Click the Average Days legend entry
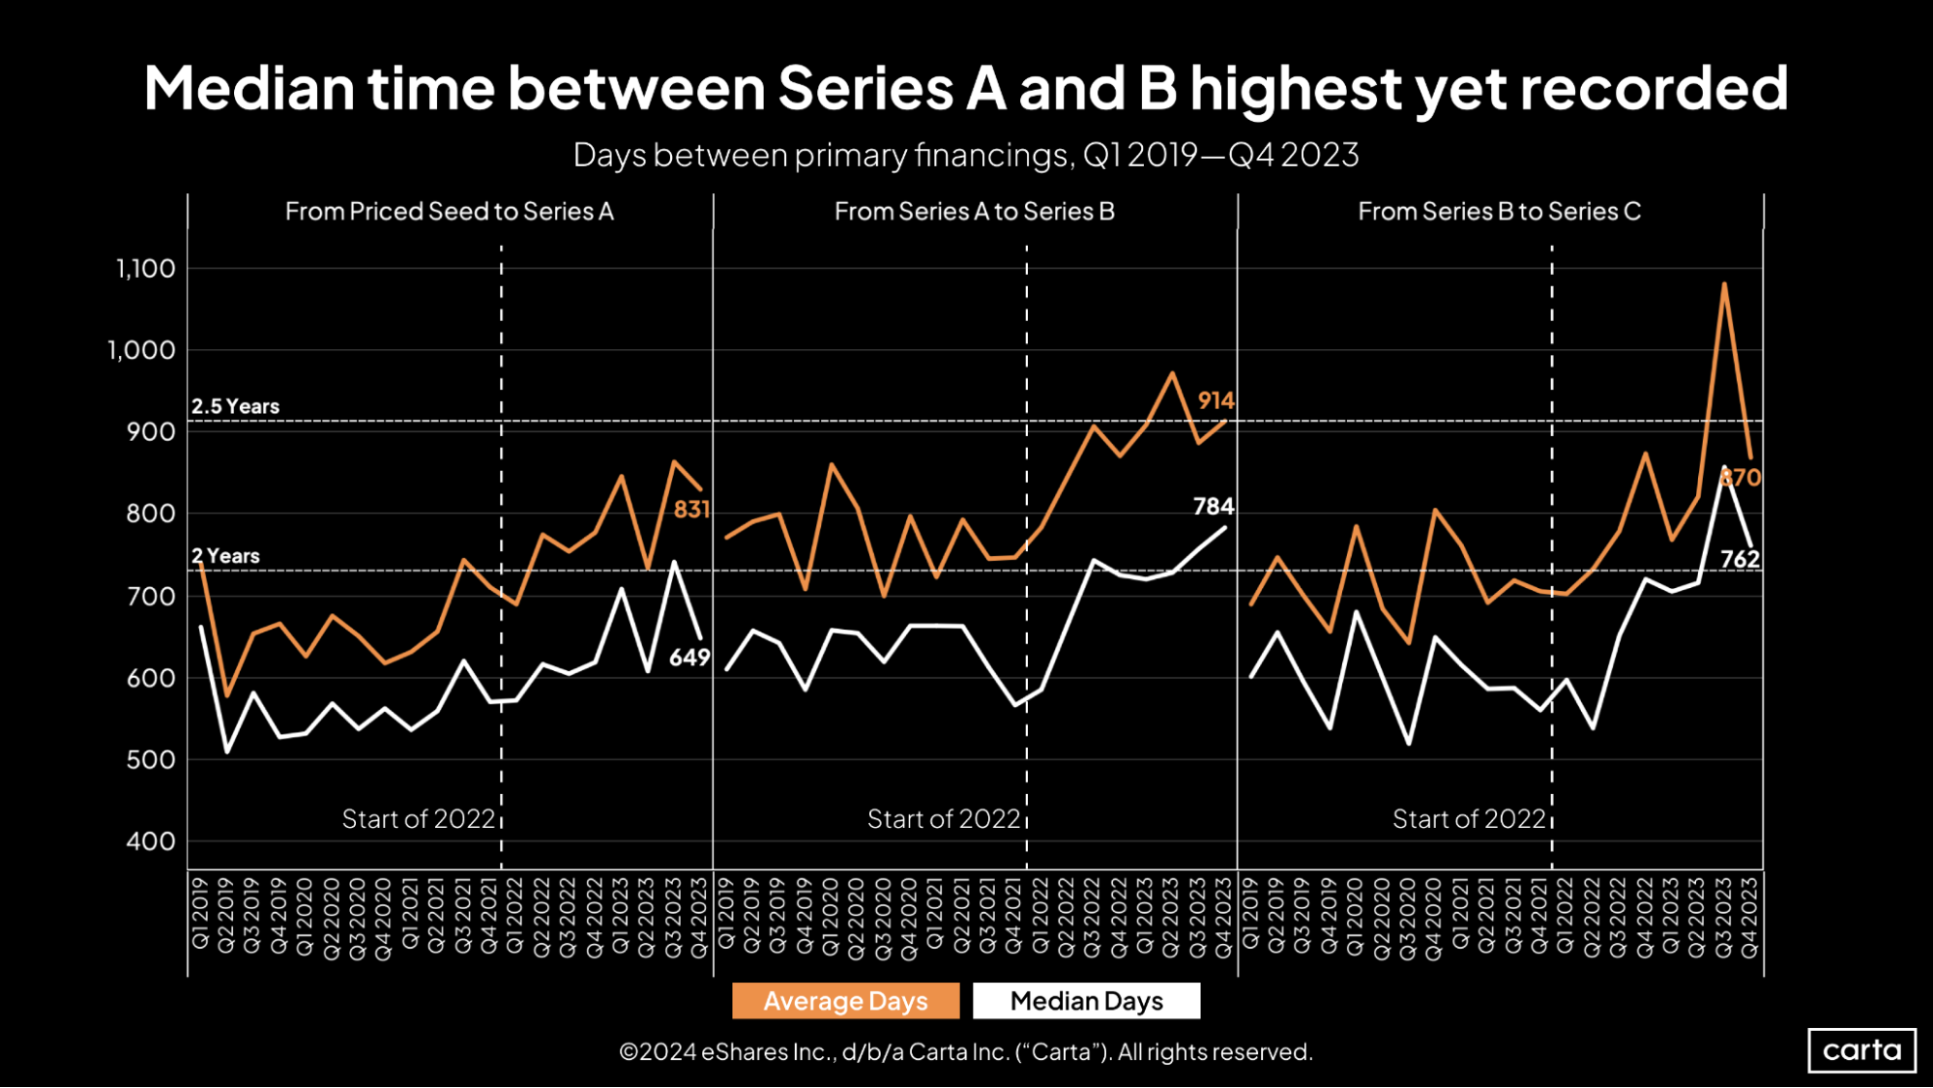coord(845,1001)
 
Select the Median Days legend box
coord(1086,1001)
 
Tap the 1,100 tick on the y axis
coord(146,269)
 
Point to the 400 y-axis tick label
coord(151,841)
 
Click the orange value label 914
coord(1215,400)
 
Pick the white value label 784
coord(1213,507)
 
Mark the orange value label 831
coord(691,510)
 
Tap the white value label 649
coord(689,658)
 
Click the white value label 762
coord(1740,559)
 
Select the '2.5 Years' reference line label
coord(235,406)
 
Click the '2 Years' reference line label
coord(225,556)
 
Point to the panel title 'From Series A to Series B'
coord(974,212)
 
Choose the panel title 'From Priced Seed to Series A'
coord(449,212)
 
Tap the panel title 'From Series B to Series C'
coord(1499,212)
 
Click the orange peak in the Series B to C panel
coord(1724,284)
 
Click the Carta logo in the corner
coord(1861,1050)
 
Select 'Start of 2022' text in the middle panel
coord(943,819)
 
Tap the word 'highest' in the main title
coord(1296,89)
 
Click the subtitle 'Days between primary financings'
coord(822,155)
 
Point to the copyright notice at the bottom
coord(965,1052)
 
